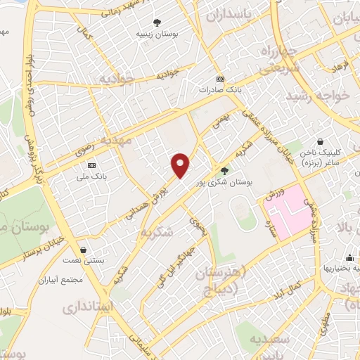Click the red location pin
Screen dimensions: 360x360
point(181,165)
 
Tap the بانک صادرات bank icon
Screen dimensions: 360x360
point(220,79)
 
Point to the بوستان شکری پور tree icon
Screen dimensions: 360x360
point(224,170)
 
